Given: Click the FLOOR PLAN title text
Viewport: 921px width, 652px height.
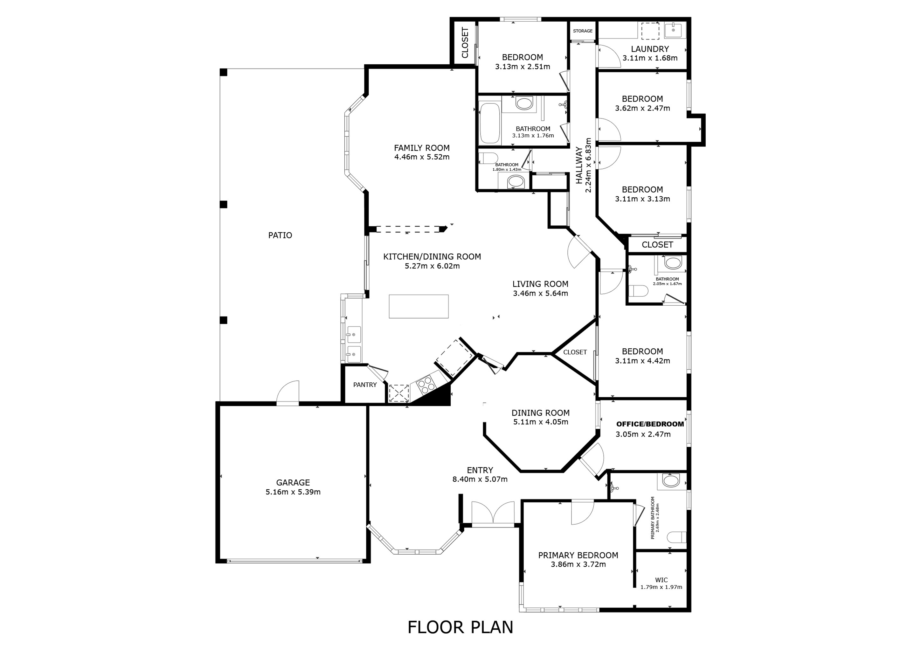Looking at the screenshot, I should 460,627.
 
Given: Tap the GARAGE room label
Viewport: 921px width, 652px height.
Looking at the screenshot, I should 293,483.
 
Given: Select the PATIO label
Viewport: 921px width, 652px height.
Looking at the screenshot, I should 280,235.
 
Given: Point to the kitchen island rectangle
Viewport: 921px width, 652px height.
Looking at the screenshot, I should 419,306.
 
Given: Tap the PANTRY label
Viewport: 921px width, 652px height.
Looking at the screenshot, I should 365,385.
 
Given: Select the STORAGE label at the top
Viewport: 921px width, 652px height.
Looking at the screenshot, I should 582,31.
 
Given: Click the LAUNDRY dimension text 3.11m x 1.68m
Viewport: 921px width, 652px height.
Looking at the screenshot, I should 650,58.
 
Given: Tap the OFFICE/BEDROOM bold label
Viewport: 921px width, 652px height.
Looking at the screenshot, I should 650,424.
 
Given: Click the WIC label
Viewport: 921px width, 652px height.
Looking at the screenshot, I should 661,580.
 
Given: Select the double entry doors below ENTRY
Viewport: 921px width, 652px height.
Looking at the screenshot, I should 493,514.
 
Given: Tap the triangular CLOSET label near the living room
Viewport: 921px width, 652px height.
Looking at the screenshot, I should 575,352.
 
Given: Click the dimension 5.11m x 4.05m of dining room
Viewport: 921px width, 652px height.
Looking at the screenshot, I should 540,422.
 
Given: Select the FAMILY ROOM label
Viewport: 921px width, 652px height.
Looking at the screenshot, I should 422,148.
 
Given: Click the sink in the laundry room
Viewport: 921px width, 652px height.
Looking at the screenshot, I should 674,30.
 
